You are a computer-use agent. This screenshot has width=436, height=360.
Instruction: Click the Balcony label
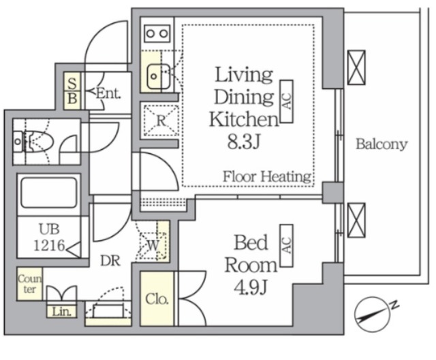[x=381, y=144]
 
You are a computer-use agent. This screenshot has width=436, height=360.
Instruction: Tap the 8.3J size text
[x=244, y=142]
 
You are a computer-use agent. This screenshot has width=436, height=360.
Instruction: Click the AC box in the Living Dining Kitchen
[x=287, y=101]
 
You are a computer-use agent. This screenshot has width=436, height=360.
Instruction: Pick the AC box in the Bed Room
[x=287, y=246]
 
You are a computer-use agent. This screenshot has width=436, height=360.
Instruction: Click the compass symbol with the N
[x=373, y=314]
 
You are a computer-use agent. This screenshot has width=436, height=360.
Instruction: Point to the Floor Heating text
[x=267, y=177]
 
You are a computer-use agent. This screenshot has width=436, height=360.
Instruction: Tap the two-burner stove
[x=157, y=33]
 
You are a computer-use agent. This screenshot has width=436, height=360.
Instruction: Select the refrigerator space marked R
[x=161, y=121]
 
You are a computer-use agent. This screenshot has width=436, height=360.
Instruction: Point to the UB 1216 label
[x=50, y=238]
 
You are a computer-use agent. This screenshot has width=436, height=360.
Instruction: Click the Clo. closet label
[x=157, y=299]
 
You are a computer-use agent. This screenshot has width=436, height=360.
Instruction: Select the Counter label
[x=29, y=284]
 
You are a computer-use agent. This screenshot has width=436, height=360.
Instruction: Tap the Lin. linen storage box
[x=61, y=312]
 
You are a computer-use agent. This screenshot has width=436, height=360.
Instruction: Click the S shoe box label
[x=72, y=83]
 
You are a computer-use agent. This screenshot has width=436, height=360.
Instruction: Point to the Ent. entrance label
[x=108, y=94]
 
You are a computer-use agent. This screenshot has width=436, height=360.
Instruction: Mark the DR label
[x=110, y=261]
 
